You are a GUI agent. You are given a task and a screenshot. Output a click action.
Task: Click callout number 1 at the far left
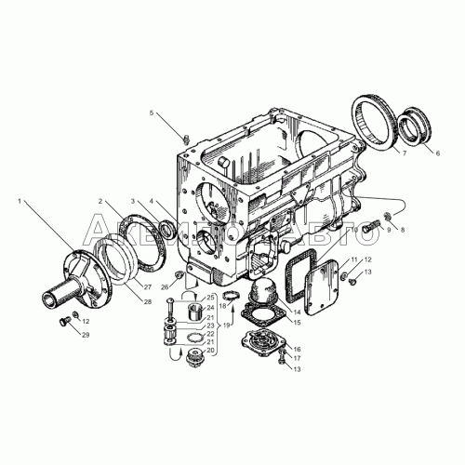pos(19,200)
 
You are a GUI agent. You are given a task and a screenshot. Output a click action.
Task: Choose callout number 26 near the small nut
pos(166,287)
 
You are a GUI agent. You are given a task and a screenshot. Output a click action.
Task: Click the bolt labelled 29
pos(64,322)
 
